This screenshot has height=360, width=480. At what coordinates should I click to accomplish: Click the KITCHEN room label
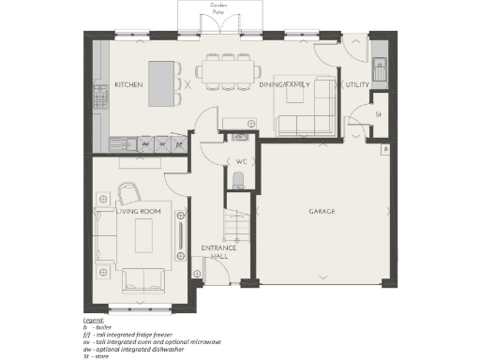point(128,84)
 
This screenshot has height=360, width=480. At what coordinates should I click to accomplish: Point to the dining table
point(229,70)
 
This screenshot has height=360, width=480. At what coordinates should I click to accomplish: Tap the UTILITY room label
point(357,85)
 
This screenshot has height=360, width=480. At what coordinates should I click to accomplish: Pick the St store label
point(379,114)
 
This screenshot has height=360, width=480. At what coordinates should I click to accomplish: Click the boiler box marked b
point(384,150)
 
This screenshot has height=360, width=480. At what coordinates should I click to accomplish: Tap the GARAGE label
point(322,211)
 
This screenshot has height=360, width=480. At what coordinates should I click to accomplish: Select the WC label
point(240,161)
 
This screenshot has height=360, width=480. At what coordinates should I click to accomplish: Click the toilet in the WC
point(238,181)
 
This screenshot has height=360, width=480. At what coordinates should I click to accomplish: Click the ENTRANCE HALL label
point(217,252)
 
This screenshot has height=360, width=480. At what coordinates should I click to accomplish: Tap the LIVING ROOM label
point(139,212)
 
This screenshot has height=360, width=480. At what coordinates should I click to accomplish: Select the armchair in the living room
point(128,194)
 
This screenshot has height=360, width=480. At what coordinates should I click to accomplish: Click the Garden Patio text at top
point(218,8)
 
